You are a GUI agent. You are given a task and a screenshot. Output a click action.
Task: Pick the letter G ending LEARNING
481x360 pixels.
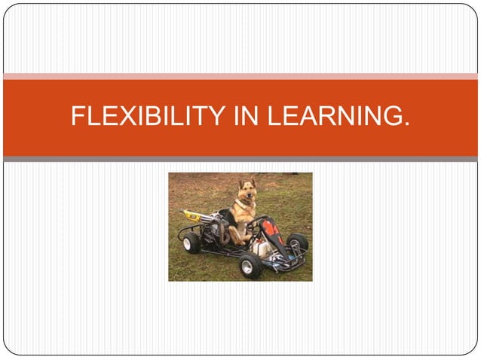pos(393,117)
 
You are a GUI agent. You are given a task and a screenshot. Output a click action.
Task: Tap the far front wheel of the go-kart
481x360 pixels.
pos(298,243)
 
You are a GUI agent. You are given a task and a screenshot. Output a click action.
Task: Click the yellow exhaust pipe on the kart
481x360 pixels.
pos(193,215)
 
